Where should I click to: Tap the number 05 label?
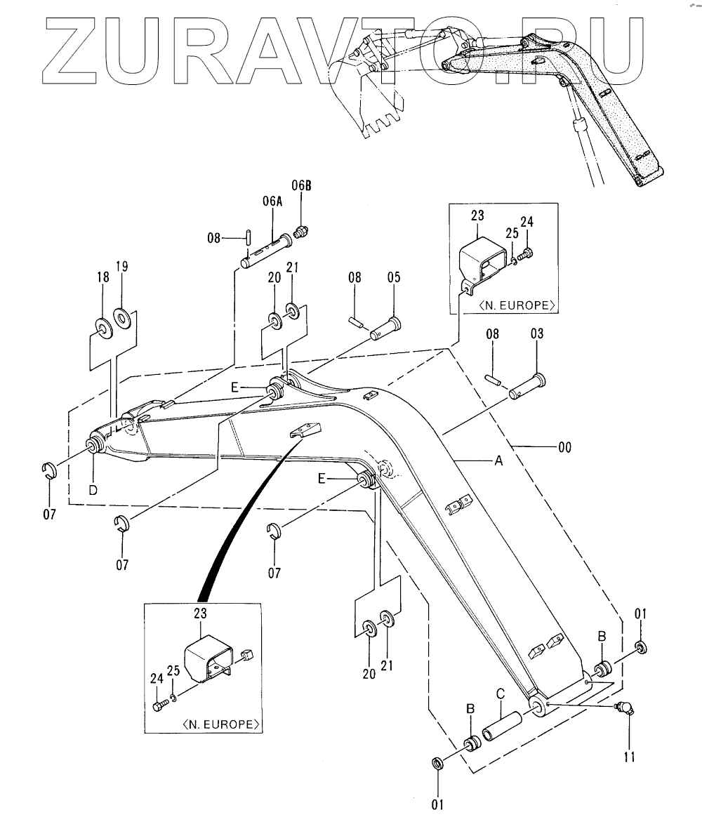(x=393, y=278)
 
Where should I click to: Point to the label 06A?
(x=272, y=202)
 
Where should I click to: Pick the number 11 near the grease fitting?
(x=629, y=756)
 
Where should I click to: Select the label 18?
(x=103, y=277)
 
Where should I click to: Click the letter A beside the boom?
(x=499, y=460)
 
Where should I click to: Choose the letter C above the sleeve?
(x=501, y=694)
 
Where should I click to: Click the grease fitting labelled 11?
(x=622, y=709)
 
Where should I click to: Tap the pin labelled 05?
(x=385, y=327)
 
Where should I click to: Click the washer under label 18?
(x=103, y=328)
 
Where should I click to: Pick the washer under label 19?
(x=123, y=319)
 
